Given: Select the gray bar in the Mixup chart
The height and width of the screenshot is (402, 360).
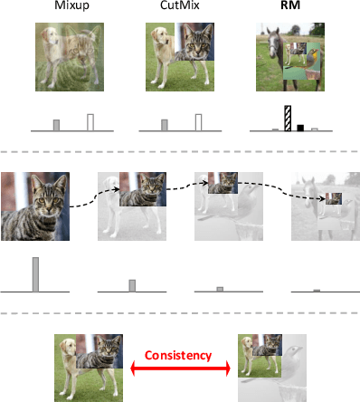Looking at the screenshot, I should coord(57,125).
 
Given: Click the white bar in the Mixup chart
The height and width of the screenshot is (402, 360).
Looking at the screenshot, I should coord(90,122).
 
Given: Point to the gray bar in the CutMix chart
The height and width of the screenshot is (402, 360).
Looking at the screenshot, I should coord(165,125).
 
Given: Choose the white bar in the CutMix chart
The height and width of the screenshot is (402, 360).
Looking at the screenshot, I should coord(197,122).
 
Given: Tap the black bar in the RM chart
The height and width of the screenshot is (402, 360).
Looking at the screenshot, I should coord(300,127).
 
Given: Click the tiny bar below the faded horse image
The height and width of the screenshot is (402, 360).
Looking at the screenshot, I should coord(317,290).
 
